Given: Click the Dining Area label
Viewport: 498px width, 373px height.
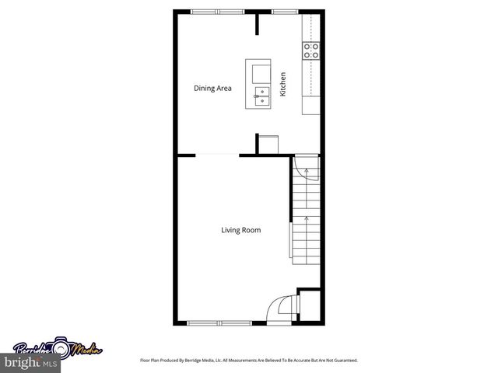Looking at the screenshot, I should [212, 88].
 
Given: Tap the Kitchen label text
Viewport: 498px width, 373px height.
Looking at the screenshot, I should [283, 84].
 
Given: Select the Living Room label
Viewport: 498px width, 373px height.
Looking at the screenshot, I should [240, 230].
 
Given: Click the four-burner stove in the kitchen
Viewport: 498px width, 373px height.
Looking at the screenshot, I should [311, 51].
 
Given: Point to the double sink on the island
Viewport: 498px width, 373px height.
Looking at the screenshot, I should [262, 96].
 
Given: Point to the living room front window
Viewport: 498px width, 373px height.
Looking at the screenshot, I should [219, 322].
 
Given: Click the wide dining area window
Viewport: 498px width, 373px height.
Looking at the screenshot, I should [218, 11].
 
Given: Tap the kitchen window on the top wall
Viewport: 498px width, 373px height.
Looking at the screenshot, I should [283, 11].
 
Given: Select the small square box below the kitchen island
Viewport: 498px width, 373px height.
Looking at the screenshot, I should [268, 145].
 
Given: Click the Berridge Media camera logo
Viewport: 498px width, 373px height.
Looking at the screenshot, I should [58, 350].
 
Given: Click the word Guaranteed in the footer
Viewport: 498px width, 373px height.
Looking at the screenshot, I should [345, 361].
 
